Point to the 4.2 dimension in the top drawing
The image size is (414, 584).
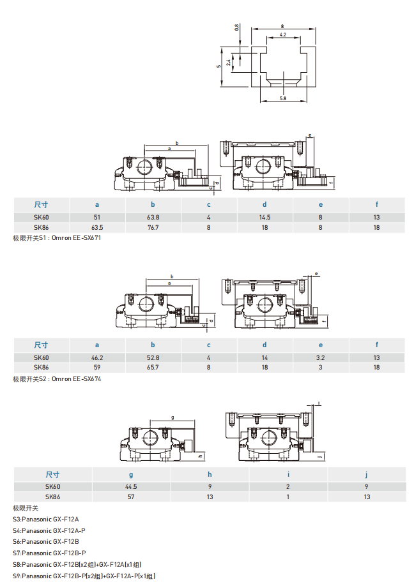(x=282, y=34)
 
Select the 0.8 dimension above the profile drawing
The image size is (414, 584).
(x=237, y=27)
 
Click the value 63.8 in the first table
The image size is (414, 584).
(x=153, y=217)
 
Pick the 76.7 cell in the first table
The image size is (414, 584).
(x=153, y=227)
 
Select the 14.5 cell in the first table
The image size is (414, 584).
(x=264, y=217)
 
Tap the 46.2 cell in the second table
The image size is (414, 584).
(x=97, y=357)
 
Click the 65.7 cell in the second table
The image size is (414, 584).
(x=153, y=368)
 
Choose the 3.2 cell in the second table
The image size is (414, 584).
(x=321, y=357)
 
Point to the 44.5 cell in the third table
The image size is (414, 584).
(x=131, y=486)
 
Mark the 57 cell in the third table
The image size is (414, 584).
(x=131, y=497)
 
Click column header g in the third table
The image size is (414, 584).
(x=131, y=474)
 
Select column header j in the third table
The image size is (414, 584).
(x=367, y=474)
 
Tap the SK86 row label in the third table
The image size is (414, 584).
(x=52, y=497)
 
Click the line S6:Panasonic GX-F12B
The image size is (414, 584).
(x=45, y=541)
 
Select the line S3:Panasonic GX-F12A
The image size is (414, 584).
(x=45, y=520)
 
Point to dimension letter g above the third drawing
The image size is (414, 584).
(x=172, y=417)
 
